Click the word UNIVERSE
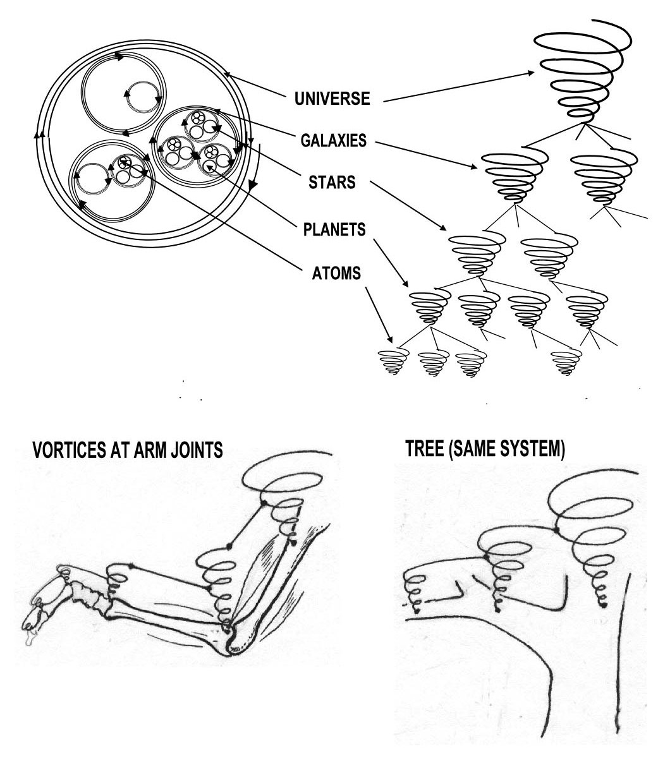(332, 99)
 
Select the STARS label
(332, 183)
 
